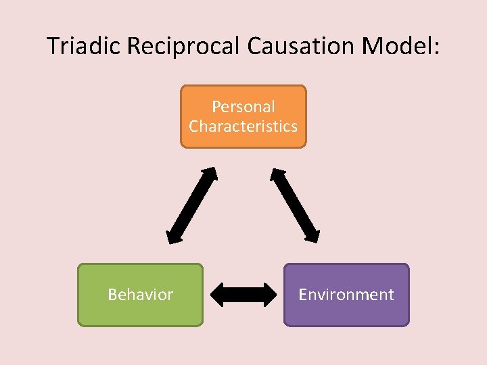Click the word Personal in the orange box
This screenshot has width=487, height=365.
(243, 107)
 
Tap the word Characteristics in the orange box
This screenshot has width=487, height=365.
(243, 126)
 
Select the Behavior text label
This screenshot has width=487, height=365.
(141, 295)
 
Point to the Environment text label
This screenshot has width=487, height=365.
(346, 295)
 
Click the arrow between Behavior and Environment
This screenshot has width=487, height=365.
(243, 294)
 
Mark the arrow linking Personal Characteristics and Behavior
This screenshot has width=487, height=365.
(191, 205)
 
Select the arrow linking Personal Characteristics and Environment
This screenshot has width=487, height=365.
(295, 205)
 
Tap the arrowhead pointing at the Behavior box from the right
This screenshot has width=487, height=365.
(218, 294)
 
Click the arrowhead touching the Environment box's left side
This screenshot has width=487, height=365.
(269, 294)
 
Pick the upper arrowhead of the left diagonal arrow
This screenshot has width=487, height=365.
(210, 175)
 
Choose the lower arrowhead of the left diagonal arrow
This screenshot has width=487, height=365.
(173, 236)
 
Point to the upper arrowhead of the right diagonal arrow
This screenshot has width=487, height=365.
(277, 175)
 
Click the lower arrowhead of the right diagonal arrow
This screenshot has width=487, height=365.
(312, 235)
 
